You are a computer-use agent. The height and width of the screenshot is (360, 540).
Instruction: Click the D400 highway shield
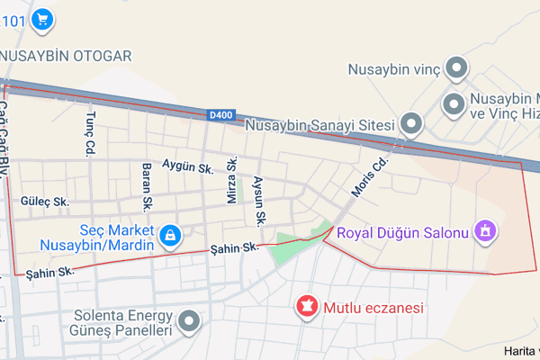coord(220,115)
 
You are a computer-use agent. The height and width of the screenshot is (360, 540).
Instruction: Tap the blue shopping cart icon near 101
coord(41,18)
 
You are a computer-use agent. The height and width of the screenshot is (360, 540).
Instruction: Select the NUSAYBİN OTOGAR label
coord(65,56)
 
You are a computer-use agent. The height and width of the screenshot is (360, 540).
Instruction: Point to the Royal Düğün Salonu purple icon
coord(486,233)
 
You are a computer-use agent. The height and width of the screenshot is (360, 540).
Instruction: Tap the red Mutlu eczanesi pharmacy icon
coord(307,308)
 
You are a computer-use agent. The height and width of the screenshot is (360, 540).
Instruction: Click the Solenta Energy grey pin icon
coord(189,321)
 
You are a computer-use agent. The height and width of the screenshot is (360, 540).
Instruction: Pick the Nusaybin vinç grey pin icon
coord(457,68)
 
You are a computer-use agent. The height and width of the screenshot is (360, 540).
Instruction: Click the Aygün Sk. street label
coord(186,166)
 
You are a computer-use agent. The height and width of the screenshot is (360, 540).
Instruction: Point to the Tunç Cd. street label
coord(90,135)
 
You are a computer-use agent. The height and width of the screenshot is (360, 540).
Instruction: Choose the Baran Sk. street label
coord(148,183)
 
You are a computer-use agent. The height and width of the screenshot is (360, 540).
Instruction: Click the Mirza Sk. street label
coord(232,179)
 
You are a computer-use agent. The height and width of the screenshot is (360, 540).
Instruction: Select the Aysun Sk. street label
coord(260,200)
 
